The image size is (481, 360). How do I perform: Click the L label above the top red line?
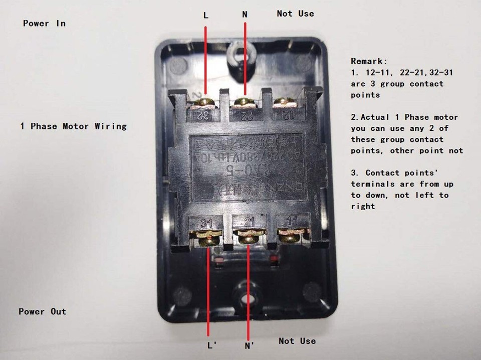(x=205, y=15)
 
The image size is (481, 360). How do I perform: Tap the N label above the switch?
(x=245, y=15)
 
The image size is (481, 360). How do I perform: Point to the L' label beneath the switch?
(x=211, y=345)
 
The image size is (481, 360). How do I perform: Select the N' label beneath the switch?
(x=250, y=345)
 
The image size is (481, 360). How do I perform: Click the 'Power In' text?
(x=44, y=23)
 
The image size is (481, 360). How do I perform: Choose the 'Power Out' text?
(x=43, y=311)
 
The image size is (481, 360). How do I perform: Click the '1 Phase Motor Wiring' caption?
(x=73, y=126)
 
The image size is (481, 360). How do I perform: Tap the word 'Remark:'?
(x=369, y=61)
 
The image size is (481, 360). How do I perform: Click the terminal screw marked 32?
(x=204, y=103)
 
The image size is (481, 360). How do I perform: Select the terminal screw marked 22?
(x=244, y=102)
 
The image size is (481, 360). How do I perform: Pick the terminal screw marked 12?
(x=284, y=102)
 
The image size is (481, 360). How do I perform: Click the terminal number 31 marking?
(x=206, y=222)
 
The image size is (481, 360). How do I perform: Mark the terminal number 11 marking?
(x=290, y=221)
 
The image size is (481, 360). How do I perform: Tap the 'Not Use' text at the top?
(x=295, y=14)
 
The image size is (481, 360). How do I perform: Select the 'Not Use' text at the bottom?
(x=297, y=341)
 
